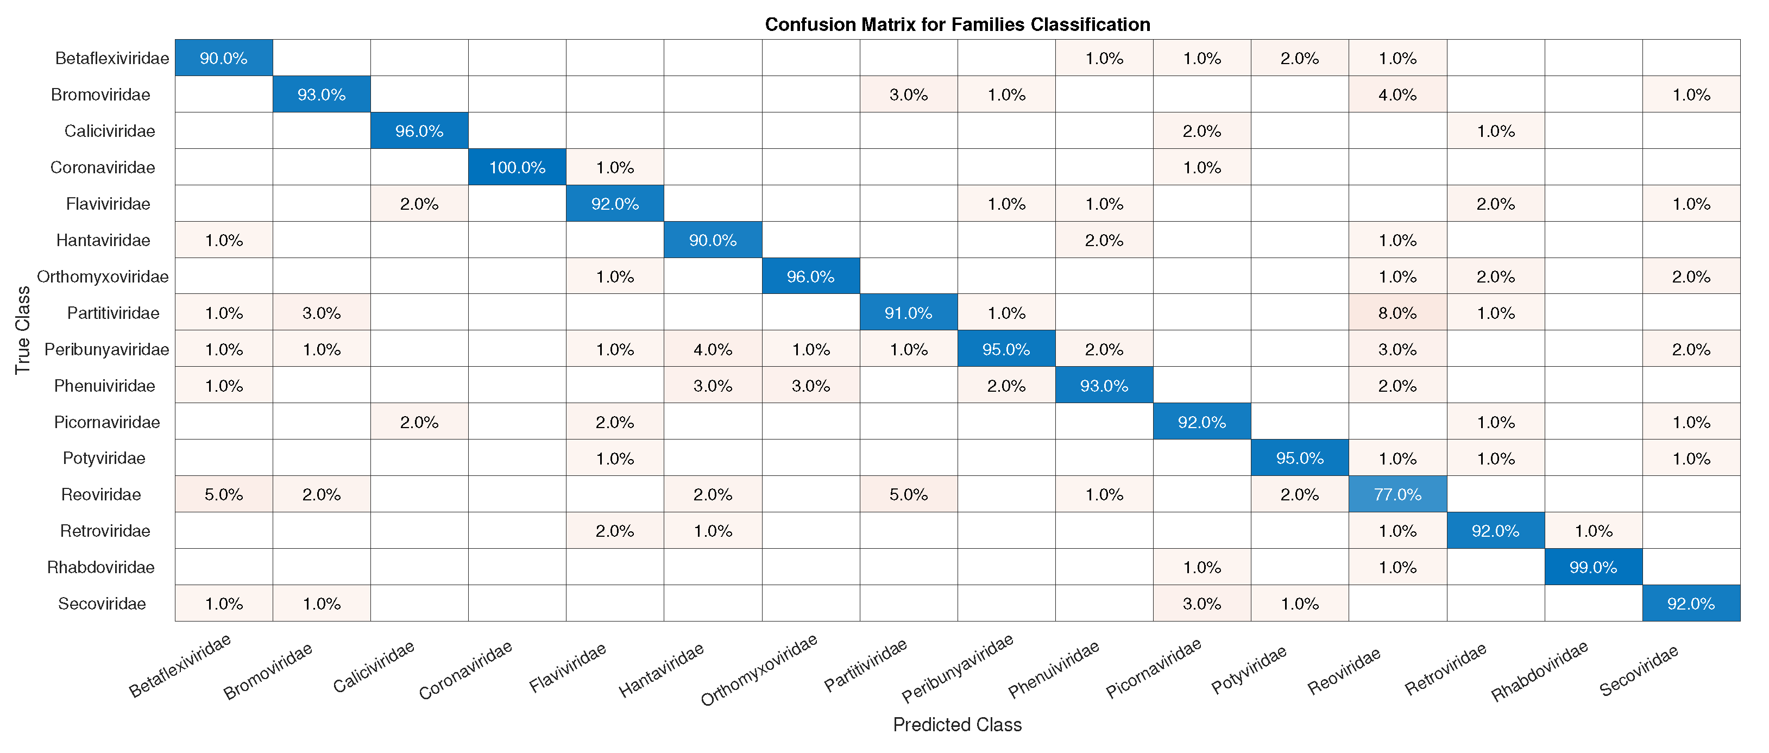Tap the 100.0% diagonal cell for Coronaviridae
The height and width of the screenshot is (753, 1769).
pos(517,167)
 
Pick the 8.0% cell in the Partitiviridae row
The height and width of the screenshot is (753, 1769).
pos(1397,312)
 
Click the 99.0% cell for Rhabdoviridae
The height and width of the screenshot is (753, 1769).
pos(1592,567)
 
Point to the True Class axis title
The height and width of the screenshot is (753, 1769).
pos(23,330)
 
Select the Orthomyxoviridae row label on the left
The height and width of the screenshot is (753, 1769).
pos(103,276)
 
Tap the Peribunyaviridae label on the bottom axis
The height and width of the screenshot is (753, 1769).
pos(958,668)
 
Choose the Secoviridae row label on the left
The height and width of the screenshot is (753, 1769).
pos(102,603)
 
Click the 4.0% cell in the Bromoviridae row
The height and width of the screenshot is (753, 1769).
pos(1397,94)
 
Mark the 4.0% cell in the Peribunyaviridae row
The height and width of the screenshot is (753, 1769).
pos(712,349)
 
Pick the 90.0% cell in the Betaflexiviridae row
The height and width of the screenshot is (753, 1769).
pos(223,58)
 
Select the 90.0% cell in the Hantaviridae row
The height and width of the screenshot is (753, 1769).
pos(712,240)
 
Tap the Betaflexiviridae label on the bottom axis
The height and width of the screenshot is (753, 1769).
pos(180,666)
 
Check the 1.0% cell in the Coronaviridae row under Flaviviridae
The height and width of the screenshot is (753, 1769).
pos(615,167)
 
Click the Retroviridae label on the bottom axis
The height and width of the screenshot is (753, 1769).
pos(1445,668)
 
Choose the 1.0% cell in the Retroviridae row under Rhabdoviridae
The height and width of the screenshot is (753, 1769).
pos(1592,530)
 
